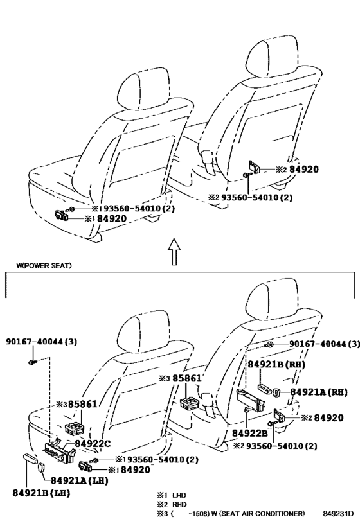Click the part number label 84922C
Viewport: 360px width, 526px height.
click(x=93, y=444)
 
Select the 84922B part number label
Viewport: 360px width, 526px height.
click(x=250, y=433)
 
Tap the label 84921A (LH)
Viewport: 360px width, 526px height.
click(x=80, y=480)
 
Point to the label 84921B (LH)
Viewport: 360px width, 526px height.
click(x=41, y=493)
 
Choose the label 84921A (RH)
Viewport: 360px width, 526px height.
click(x=319, y=392)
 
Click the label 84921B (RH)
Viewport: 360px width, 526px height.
click(x=276, y=364)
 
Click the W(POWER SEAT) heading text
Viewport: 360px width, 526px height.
click(x=44, y=266)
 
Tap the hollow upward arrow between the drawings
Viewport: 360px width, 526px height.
click(x=174, y=252)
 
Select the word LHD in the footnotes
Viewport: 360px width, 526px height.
click(x=179, y=495)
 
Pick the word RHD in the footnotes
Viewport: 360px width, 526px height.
click(x=179, y=504)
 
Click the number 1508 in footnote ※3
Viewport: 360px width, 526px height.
click(x=197, y=514)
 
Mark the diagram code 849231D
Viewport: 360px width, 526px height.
click(x=338, y=514)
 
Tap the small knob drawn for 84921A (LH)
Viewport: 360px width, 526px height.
click(x=42, y=468)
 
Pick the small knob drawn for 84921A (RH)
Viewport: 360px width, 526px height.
click(x=276, y=392)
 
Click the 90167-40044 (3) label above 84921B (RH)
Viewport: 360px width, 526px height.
click(x=325, y=344)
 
